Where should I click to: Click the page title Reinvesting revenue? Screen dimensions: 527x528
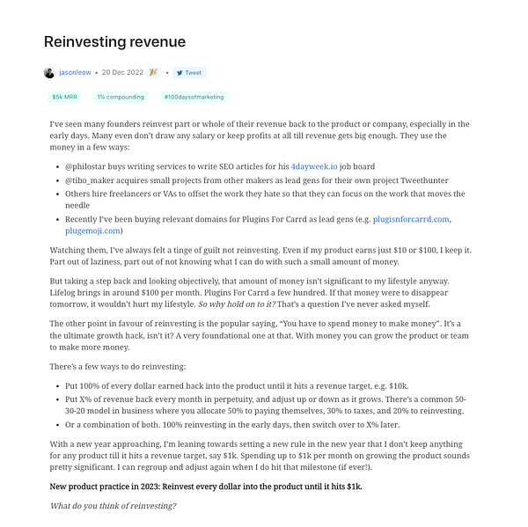[114, 42]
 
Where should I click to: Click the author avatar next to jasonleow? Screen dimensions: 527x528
[48, 73]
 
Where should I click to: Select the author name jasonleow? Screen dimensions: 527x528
[75, 73]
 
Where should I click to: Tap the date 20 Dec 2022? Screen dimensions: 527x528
[123, 73]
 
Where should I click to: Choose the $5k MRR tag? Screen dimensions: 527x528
[64, 97]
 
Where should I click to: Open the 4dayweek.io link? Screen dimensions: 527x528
[319, 165]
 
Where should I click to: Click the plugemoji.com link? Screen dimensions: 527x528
[95, 231]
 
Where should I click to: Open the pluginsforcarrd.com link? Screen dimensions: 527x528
[411, 218]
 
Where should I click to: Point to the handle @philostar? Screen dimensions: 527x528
[86, 165]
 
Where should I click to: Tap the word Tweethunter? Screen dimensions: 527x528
[405, 179]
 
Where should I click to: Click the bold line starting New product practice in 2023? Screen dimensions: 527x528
[206, 487]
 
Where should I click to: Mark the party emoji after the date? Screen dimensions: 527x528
[154, 73]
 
